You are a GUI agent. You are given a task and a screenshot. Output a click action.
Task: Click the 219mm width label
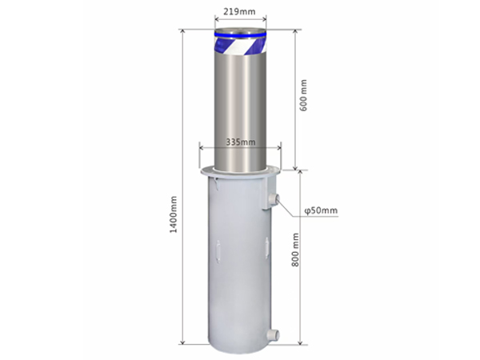(x=239, y=12)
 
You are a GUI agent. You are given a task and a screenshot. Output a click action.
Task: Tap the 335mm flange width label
(x=241, y=142)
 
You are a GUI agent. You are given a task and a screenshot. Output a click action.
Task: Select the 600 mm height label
(x=303, y=95)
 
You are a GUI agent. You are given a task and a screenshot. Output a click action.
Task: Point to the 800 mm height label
(x=294, y=250)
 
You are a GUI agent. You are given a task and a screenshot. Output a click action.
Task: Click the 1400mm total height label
(x=174, y=214)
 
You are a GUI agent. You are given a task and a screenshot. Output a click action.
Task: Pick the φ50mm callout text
(x=321, y=210)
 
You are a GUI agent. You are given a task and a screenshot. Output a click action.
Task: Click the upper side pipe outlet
(x=274, y=198)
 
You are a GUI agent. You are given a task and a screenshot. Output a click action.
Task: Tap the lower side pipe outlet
(x=274, y=334)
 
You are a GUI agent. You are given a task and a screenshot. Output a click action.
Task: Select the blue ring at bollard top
(x=240, y=34)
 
